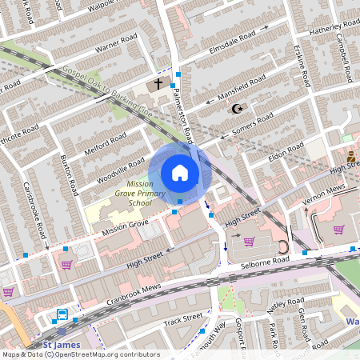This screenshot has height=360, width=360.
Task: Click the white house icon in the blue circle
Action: click(179, 173)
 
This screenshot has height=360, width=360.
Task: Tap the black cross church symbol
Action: click(158, 83)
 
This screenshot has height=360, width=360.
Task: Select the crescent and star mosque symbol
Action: click(235, 109)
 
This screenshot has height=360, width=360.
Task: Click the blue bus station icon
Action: click(62, 314)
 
